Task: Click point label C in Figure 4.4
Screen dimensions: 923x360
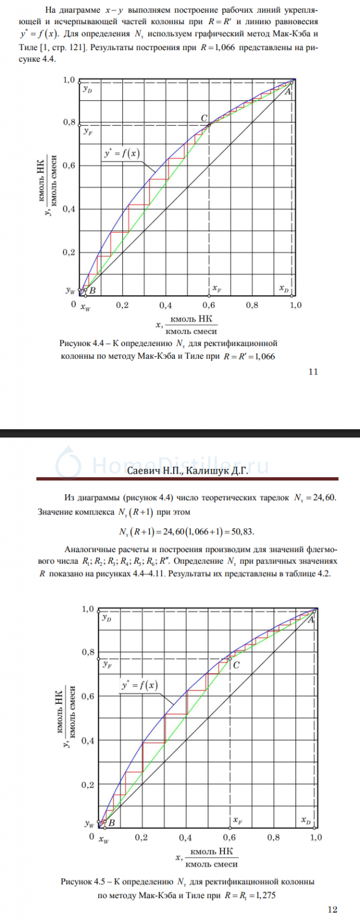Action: pyautogui.click(x=204, y=118)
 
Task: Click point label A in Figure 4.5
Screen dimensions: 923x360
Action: pyautogui.click(x=311, y=620)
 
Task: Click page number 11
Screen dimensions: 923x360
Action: pyautogui.click(x=313, y=372)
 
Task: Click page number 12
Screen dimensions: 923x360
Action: pyautogui.click(x=332, y=910)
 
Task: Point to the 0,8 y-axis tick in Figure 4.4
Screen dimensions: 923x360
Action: pyautogui.click(x=69, y=122)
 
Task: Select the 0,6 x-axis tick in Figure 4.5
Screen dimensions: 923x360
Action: pyautogui.click(x=229, y=838)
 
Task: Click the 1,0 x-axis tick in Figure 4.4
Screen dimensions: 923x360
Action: pyautogui.click(x=295, y=305)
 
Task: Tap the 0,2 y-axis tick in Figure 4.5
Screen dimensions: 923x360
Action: pyautogui.click(x=88, y=785)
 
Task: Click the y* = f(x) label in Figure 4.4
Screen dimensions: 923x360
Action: pyautogui.click(x=121, y=153)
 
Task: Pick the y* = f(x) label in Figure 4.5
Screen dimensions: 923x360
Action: pyautogui.click(x=139, y=685)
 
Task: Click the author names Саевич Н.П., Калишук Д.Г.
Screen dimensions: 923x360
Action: pyautogui.click(x=187, y=471)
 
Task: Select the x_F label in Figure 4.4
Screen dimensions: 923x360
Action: pyautogui.click(x=216, y=288)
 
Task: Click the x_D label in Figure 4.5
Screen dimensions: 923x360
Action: pyautogui.click(x=306, y=820)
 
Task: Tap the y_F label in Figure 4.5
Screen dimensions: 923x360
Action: pyautogui.click(x=107, y=665)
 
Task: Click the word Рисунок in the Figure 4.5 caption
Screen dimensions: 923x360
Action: pyautogui.click(x=77, y=881)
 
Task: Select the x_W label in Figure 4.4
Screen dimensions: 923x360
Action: pyautogui.click(x=85, y=309)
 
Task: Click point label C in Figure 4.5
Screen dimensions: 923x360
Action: pyautogui.click(x=237, y=665)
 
